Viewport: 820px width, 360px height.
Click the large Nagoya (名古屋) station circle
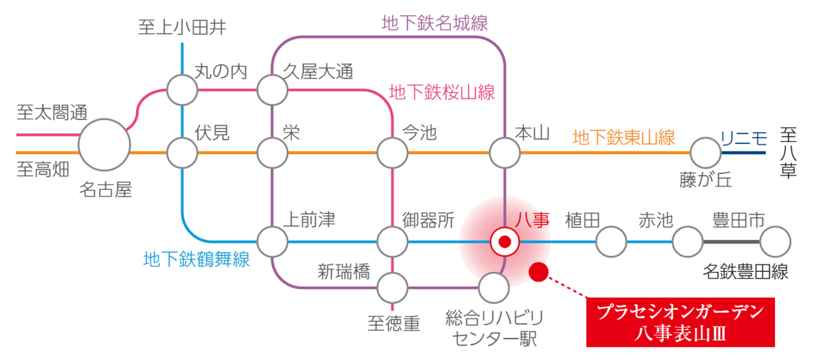[x=105, y=146]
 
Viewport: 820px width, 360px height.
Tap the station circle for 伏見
[x=182, y=152]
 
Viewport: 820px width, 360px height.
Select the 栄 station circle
[x=272, y=152]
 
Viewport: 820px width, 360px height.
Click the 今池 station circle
[x=393, y=152]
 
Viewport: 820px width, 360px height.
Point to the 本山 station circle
[x=504, y=152]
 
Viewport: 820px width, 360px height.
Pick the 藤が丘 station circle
[x=705, y=152]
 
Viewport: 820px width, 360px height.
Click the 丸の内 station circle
[x=182, y=89]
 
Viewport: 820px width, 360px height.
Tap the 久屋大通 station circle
[x=272, y=89]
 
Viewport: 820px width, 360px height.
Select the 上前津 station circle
[x=272, y=241]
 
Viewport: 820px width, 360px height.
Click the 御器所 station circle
[x=393, y=241]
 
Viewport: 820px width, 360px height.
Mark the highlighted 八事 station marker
[x=505, y=241]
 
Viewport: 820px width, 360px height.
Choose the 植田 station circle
[x=611, y=241]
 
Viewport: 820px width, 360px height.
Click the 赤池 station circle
[x=687, y=241]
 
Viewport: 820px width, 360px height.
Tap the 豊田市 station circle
[x=775, y=241]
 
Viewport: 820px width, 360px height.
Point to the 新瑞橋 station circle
[x=393, y=288]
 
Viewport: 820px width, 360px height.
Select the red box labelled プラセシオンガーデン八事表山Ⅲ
[x=681, y=322]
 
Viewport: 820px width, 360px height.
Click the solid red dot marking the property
[x=540, y=272]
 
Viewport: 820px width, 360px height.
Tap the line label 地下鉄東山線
[x=623, y=138]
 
